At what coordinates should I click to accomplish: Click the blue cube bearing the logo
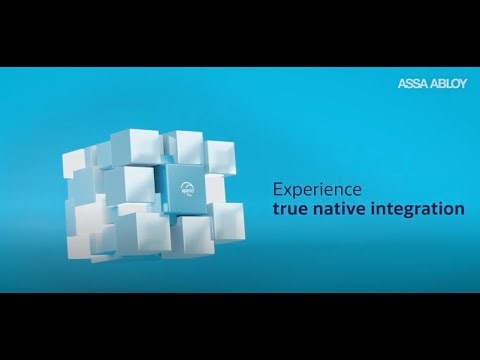click(185, 190)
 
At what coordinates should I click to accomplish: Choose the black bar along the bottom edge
click(240, 326)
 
